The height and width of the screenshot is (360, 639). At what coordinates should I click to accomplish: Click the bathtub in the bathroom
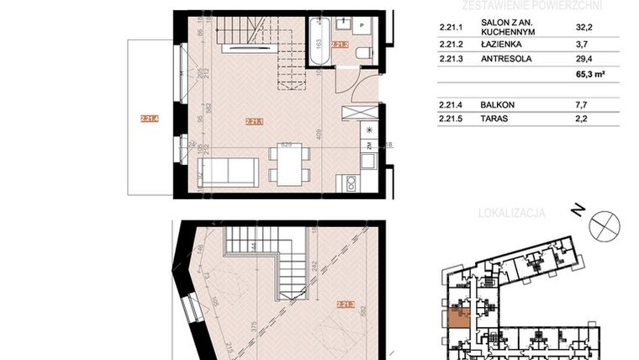(319, 40)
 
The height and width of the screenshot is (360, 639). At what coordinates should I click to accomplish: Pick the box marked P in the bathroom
(361, 26)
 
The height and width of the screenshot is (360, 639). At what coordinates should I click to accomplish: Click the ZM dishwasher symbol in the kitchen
(368, 146)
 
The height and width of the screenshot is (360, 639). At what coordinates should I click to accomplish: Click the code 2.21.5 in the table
(452, 119)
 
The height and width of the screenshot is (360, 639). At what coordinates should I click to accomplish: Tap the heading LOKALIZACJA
(511, 214)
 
